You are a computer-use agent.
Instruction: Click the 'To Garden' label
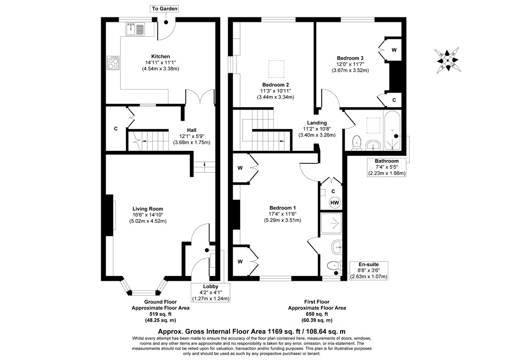click(x=165, y=9)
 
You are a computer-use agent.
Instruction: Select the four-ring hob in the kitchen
click(x=113, y=63)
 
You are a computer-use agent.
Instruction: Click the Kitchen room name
click(x=160, y=57)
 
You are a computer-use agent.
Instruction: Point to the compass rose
click(x=447, y=60)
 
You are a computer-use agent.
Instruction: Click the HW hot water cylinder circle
click(x=335, y=203)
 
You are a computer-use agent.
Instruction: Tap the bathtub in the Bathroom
click(x=393, y=131)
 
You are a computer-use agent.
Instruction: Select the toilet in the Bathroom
click(x=357, y=143)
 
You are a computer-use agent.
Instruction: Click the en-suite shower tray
click(x=331, y=224)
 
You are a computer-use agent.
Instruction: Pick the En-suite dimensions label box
click(x=369, y=270)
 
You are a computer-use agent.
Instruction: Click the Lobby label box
click(x=211, y=292)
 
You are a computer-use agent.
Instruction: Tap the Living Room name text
click(x=147, y=209)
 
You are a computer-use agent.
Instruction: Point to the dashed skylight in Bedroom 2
click(x=276, y=69)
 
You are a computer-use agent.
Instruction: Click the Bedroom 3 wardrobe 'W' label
click(x=394, y=50)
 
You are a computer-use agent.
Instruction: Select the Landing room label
click(x=317, y=122)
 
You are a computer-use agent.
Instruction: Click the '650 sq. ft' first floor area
click(x=317, y=314)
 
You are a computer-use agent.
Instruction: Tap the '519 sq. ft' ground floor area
click(x=160, y=314)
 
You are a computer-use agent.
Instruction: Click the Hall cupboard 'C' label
click(x=116, y=129)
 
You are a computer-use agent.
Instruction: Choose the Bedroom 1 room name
click(x=283, y=208)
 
